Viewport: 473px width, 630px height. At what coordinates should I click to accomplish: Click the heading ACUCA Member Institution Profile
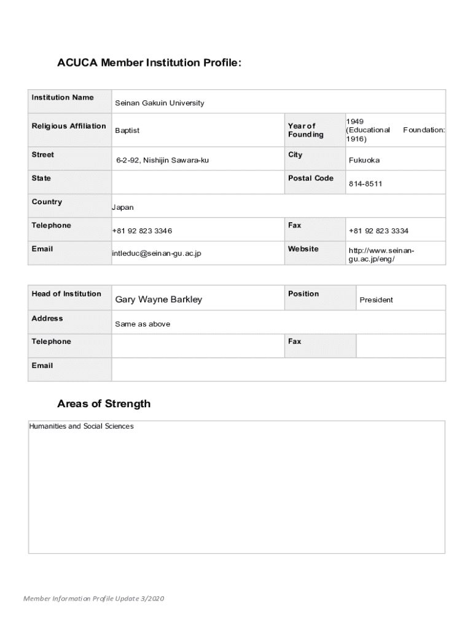(149, 63)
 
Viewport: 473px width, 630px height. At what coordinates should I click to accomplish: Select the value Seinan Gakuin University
(160, 103)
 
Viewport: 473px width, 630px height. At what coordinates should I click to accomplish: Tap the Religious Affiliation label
(69, 126)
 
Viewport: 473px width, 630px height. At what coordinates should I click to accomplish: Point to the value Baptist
(127, 130)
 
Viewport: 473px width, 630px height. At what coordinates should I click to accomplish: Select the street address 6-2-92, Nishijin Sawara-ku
(163, 160)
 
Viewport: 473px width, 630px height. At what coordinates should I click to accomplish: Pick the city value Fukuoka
(364, 160)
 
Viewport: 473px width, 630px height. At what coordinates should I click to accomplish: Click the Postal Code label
(311, 178)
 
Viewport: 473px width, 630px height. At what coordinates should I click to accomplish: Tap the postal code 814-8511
(365, 183)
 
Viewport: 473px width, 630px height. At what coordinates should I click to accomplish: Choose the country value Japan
(123, 207)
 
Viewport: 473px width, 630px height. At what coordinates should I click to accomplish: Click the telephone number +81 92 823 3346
(142, 231)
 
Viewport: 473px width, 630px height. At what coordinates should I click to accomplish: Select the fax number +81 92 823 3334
(378, 231)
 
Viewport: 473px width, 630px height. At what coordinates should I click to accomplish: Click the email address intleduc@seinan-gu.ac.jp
(157, 253)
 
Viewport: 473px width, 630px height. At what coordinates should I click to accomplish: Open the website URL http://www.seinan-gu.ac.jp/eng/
(381, 255)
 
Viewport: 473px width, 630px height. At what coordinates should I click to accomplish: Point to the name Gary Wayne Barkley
(158, 300)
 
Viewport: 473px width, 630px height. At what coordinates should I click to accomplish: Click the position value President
(376, 300)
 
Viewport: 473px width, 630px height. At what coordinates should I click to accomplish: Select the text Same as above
(143, 324)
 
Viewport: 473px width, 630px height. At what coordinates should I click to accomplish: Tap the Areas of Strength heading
(104, 404)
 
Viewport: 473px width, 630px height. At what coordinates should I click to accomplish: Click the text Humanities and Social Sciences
(81, 426)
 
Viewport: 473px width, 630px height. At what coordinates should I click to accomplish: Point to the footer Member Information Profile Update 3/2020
(94, 599)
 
